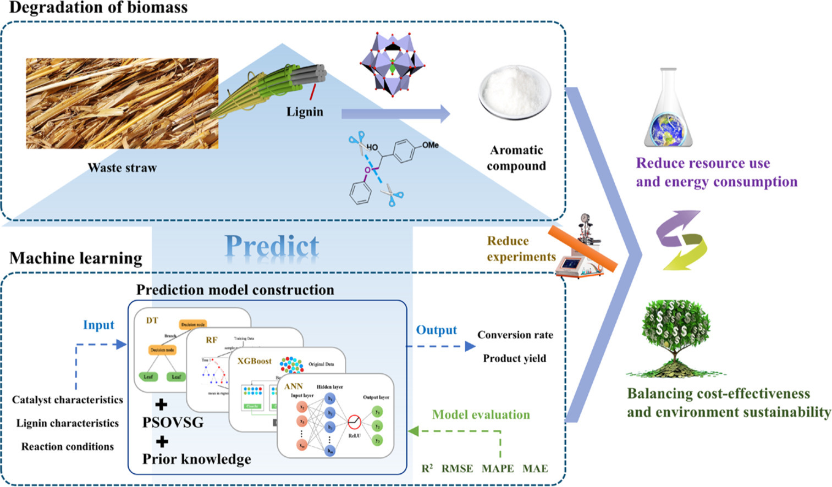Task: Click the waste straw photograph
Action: tap(122, 103)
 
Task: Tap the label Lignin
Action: tap(305, 112)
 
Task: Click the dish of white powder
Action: tap(515, 91)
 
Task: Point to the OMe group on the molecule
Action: tap(430, 145)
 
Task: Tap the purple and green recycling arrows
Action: tap(681, 240)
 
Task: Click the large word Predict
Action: tap(272, 246)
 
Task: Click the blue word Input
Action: tap(98, 325)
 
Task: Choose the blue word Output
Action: tap(436, 330)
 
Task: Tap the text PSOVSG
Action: tap(173, 422)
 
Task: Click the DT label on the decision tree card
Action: tap(152, 320)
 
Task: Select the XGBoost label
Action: tap(255, 361)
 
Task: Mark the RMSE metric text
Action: tap(457, 468)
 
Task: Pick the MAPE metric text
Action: tap(498, 468)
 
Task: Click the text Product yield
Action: tap(515, 358)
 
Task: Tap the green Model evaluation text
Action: tap(481, 415)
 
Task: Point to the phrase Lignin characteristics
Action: tap(67, 423)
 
